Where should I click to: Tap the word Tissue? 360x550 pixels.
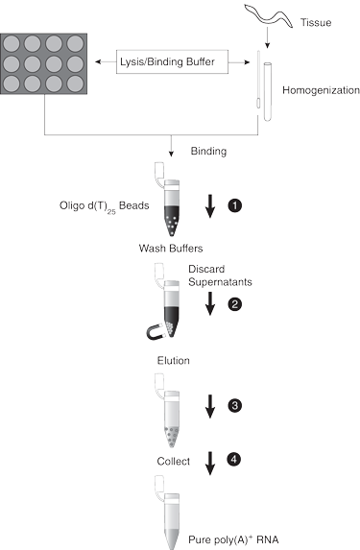click(316, 23)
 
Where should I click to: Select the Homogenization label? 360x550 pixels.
click(321, 90)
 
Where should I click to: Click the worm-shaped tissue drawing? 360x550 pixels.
click(269, 14)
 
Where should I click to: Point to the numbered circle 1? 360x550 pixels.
click(235, 205)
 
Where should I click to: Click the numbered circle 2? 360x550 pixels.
click(235, 303)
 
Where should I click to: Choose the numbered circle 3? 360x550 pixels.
click(235, 405)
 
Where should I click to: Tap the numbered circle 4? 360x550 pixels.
click(234, 459)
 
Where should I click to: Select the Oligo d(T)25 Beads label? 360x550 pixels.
click(105, 206)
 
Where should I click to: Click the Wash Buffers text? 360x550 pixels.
click(171, 249)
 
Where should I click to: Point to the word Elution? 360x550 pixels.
click(174, 361)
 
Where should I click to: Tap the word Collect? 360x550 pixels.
click(174, 462)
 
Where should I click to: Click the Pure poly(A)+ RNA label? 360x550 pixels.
click(233, 539)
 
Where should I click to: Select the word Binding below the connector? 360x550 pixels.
click(208, 152)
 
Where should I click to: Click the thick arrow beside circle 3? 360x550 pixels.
click(210, 406)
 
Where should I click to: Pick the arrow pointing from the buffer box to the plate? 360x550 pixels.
click(106, 62)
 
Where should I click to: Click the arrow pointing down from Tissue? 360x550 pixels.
click(268, 37)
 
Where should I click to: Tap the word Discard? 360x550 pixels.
click(206, 269)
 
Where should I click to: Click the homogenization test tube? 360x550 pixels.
click(268, 92)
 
